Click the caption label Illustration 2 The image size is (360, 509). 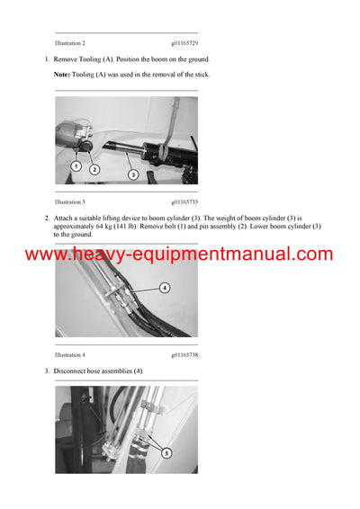click(x=70, y=43)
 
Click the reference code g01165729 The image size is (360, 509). click(x=184, y=43)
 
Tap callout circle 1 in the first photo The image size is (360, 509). click(x=76, y=166)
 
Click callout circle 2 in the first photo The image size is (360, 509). click(x=94, y=169)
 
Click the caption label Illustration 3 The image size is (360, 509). click(x=70, y=202)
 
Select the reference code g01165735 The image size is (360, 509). click(x=184, y=202)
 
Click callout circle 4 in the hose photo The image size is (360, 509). click(x=165, y=289)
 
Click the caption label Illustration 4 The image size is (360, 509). click(x=70, y=355)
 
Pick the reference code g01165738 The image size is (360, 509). click(x=184, y=355)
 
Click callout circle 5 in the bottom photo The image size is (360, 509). click(x=166, y=453)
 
